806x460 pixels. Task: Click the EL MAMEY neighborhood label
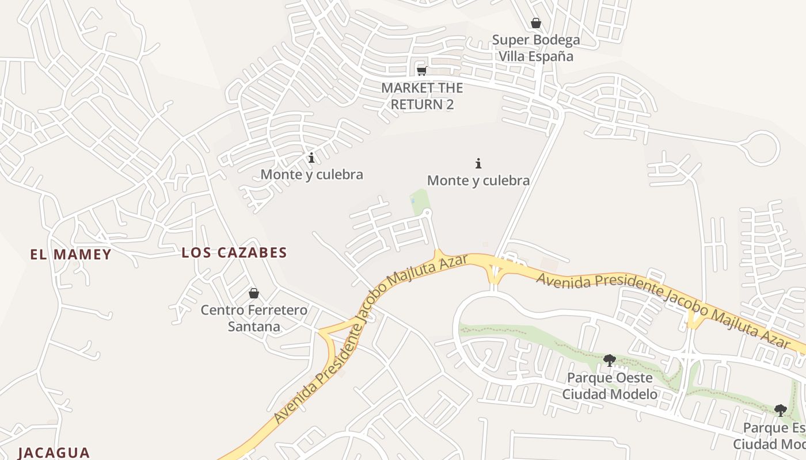pos(70,255)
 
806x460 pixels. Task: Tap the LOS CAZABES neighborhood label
pos(234,252)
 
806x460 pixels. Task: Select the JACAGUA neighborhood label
pos(54,453)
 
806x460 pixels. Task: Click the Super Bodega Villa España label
pos(535,48)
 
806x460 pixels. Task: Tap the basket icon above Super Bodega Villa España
pos(535,23)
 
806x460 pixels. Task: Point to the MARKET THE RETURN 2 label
pos(422,96)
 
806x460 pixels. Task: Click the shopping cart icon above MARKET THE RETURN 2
pos(421,71)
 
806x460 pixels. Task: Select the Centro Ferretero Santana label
pos(253,318)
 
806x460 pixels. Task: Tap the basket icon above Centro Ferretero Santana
pos(253,293)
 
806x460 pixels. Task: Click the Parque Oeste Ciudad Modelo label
pos(610,386)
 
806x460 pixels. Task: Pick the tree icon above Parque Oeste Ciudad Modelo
pos(609,361)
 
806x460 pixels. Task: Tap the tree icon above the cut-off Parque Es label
pos(780,410)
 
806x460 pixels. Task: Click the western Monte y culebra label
pos(311,174)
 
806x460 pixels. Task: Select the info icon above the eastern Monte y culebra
pos(478,163)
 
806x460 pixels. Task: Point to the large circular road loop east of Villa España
pos(760,148)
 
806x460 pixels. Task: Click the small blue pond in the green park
pos(413,201)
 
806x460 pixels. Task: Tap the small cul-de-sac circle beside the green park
pos(427,213)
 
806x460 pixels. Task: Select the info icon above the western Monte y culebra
pos(311,157)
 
